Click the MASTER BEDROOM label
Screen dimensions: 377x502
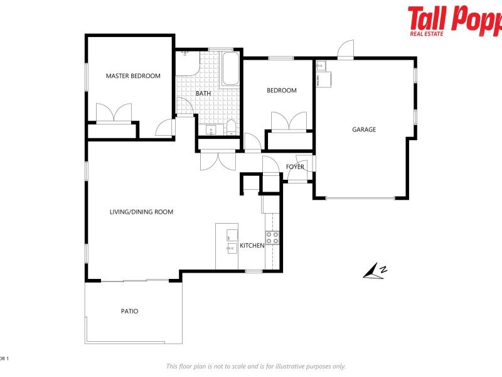pos(133,76)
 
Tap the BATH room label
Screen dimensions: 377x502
pos(203,94)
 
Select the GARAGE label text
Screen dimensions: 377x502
pos(364,129)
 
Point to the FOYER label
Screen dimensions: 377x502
pos(295,167)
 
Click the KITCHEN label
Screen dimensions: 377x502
pos(252,245)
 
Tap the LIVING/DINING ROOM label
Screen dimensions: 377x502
pos(141,212)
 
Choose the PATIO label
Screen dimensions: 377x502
pos(129,311)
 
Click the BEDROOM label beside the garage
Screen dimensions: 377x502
pos(282,90)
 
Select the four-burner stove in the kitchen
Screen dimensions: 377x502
pos(272,238)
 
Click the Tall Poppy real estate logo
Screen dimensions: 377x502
pos(454,20)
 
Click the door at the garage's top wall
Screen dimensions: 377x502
pos(346,51)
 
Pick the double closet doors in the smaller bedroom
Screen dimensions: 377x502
pos(289,121)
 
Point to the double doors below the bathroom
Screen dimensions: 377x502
pos(218,160)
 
